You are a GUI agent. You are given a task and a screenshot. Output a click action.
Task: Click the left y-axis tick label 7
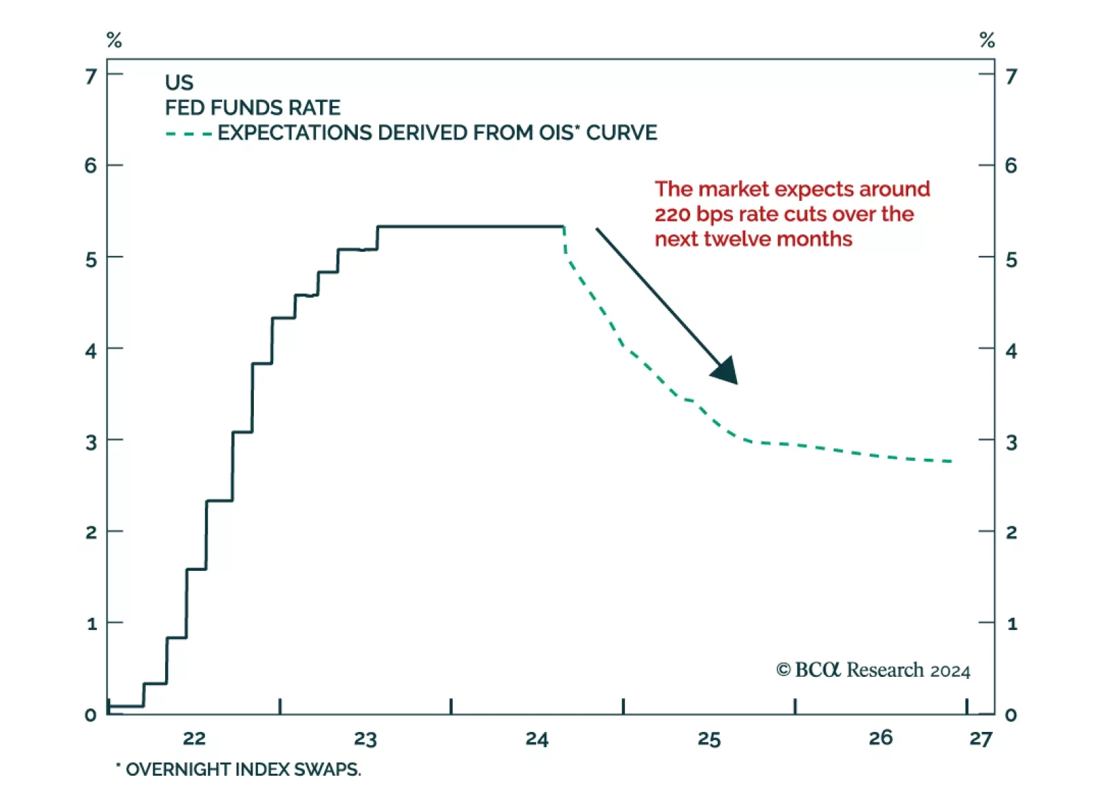91,76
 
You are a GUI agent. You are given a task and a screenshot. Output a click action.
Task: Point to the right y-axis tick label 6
1011,165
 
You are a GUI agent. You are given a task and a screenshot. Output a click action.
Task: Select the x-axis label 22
194,738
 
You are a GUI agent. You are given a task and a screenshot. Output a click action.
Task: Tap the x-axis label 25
709,739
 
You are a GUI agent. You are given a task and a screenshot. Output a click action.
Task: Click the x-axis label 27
981,739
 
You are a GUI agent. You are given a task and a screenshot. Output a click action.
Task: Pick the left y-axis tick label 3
91,442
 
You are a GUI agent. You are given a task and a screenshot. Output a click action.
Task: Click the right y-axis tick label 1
1012,624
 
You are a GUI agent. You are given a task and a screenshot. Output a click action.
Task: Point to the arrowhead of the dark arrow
727,372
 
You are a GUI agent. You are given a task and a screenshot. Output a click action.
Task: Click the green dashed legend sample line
189,133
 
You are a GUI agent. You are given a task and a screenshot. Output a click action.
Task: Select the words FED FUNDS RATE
253,108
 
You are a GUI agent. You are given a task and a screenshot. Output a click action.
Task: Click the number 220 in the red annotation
672,215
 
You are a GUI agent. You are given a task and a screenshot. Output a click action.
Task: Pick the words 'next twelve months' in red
753,239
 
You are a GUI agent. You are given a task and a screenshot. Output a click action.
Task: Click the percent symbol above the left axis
114,40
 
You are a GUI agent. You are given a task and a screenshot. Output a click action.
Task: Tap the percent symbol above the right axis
987,40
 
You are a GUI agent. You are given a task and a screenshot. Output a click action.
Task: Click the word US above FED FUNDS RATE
179,83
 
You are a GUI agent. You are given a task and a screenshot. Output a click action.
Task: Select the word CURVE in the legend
621,133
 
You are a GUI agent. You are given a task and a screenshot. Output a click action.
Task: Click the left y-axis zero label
91,715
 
